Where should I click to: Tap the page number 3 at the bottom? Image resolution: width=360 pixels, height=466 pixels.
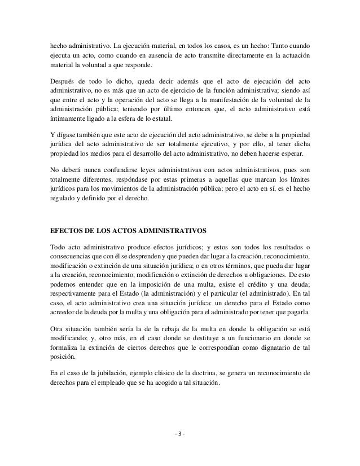coord(180,434)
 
